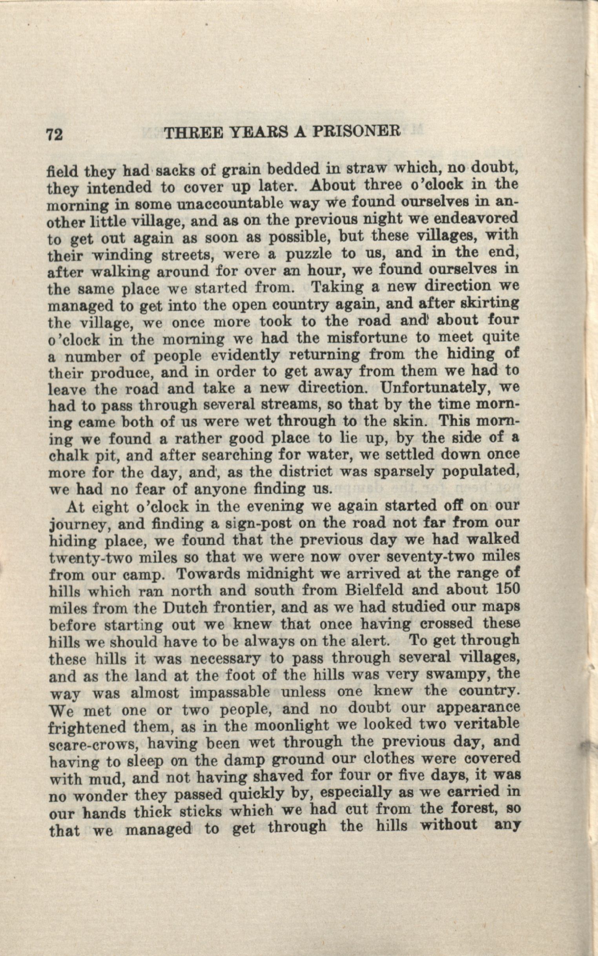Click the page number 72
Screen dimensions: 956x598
click(x=55, y=135)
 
